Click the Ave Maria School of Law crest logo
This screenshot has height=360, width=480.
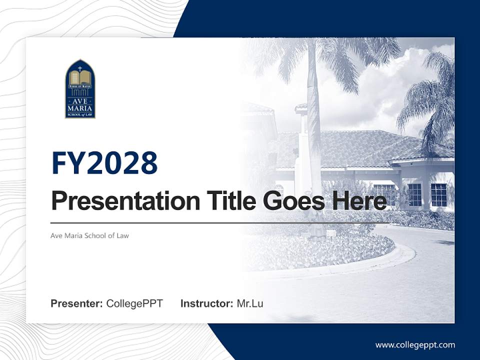(x=80, y=89)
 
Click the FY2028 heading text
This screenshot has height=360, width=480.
(x=104, y=162)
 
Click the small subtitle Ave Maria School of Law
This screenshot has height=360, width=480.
(x=89, y=235)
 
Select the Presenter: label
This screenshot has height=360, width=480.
(x=77, y=303)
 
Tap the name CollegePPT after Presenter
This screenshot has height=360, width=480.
(x=134, y=303)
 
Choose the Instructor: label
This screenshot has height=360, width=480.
(x=206, y=303)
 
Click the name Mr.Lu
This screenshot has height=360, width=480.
(x=250, y=303)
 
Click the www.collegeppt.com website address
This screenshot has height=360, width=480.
(x=415, y=345)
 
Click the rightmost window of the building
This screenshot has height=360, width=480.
(x=438, y=195)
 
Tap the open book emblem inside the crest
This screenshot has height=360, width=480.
(x=80, y=77)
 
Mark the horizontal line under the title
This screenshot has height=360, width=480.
(x=220, y=222)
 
